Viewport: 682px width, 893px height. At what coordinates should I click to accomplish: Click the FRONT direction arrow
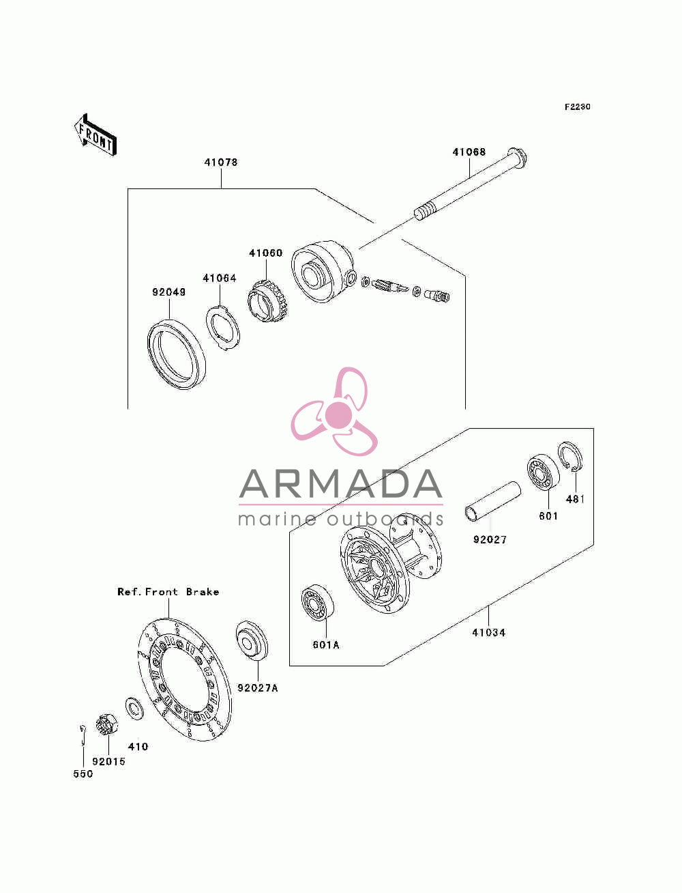[95, 135]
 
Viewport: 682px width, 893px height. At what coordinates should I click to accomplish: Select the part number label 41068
[469, 152]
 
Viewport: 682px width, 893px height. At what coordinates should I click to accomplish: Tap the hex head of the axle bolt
[517, 158]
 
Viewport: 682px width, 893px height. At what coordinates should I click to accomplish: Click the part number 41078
[221, 162]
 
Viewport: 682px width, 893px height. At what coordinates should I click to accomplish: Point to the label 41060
[266, 253]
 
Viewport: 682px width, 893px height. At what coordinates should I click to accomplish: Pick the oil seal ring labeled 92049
[176, 354]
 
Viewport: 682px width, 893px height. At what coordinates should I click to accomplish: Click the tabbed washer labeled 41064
[222, 326]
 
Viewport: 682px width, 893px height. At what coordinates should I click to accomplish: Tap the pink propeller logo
[334, 411]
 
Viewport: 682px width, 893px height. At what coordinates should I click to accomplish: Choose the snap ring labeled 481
[570, 457]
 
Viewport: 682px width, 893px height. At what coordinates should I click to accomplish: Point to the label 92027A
[258, 688]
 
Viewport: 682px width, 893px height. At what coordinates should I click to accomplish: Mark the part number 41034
[488, 633]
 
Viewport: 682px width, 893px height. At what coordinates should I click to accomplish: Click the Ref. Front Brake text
[168, 592]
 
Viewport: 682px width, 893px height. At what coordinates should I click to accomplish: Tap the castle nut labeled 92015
[107, 724]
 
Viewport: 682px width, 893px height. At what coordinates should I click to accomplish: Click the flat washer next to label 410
[134, 709]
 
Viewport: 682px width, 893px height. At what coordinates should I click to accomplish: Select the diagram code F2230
[577, 107]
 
